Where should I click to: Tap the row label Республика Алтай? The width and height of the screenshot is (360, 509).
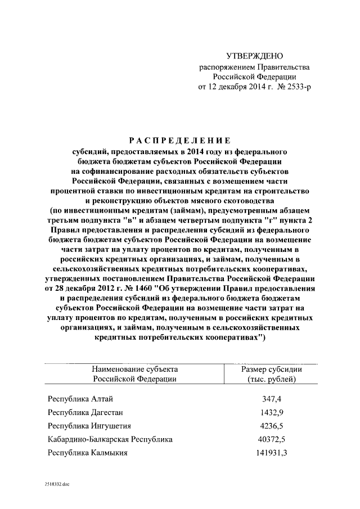coord(81,399)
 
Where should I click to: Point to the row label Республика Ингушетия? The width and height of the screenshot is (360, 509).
coord(89,426)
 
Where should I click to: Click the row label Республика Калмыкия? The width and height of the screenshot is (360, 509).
coord(88,452)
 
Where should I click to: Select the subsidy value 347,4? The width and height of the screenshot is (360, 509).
coord(272,399)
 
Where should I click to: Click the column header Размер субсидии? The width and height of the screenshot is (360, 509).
coord(272,370)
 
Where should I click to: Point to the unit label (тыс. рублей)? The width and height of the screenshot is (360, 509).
coord(272,380)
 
